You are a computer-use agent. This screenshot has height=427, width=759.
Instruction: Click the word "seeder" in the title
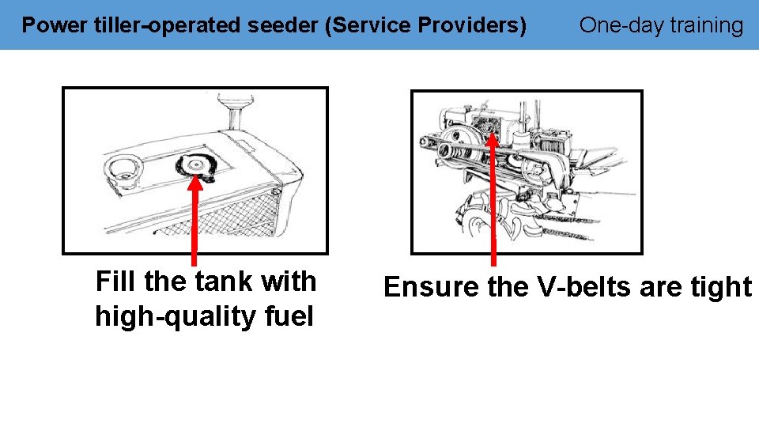click(x=281, y=25)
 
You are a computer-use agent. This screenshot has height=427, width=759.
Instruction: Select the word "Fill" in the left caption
click(x=116, y=282)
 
